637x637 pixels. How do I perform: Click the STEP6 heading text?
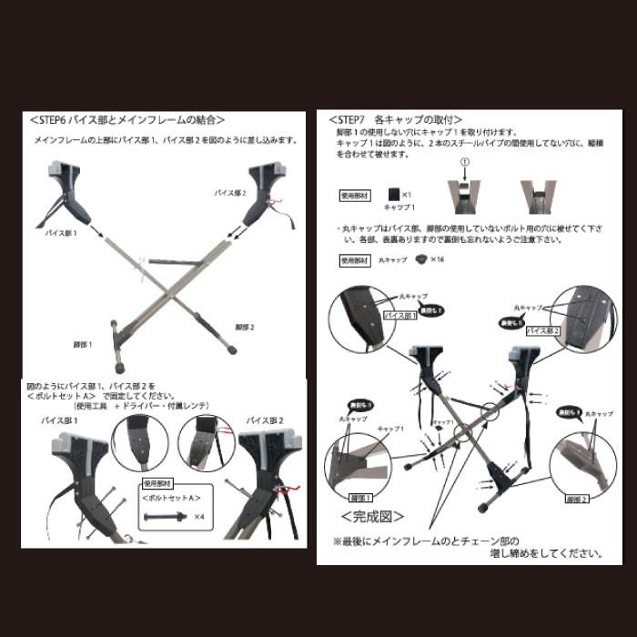127,119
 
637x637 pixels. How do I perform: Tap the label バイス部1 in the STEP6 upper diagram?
62,234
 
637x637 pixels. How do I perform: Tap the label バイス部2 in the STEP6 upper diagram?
231,194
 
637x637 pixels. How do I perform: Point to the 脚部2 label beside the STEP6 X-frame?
244,327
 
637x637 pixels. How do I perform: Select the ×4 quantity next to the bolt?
199,517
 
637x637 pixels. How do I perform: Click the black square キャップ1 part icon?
393,195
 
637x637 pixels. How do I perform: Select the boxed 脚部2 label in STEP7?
578,499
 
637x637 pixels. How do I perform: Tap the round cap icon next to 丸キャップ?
420,259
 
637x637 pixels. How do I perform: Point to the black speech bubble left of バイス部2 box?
510,323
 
